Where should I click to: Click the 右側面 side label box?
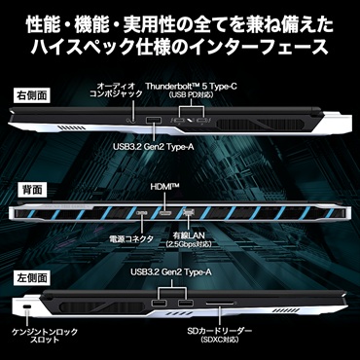tap(31, 95)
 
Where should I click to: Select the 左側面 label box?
tap(31, 278)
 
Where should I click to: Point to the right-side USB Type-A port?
tap(154, 121)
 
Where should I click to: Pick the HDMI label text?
tap(165, 187)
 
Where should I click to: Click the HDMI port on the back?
tap(165, 213)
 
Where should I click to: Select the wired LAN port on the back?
tap(188, 213)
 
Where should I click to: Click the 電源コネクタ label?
tap(131, 239)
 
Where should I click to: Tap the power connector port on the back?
tap(142, 213)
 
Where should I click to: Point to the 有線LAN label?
tap(189, 234)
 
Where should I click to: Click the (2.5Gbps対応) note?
tap(189, 243)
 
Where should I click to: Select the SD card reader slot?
tap(220, 304)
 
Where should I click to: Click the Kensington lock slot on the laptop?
tap(27, 306)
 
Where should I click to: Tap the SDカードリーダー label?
tap(220, 331)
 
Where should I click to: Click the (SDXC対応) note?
tap(220, 340)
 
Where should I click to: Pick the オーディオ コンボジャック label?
tap(116, 90)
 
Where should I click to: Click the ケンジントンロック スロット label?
tap(45, 336)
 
